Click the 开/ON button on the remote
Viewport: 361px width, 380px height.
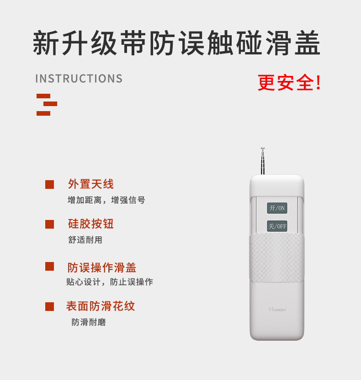tap(277, 208)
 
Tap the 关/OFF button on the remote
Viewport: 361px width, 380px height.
tap(277, 226)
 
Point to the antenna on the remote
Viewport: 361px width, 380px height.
tap(263, 161)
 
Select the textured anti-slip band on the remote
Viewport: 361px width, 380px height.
tap(277, 258)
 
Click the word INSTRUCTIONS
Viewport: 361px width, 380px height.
tap(79, 79)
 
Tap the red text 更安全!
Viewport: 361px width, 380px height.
tap(289, 83)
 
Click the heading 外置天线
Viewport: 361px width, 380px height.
tap(91, 184)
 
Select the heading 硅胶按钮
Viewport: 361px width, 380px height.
tap(91, 224)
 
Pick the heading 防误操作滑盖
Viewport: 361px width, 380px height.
tap(102, 268)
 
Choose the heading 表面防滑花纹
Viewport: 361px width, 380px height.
tap(101, 306)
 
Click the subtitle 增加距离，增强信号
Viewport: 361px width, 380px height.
tap(106, 200)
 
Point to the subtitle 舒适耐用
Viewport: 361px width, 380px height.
tap(85, 240)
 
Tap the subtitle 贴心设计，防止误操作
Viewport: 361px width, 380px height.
tap(110, 282)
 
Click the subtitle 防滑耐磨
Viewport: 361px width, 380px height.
tap(89, 322)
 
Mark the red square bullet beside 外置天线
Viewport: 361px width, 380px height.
tap(49, 185)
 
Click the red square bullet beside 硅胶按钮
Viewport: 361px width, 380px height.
tap(49, 224)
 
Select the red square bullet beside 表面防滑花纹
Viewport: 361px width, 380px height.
tap(49, 307)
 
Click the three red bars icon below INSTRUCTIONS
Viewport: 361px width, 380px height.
tap(46, 104)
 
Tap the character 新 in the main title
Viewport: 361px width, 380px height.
tap(48, 44)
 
